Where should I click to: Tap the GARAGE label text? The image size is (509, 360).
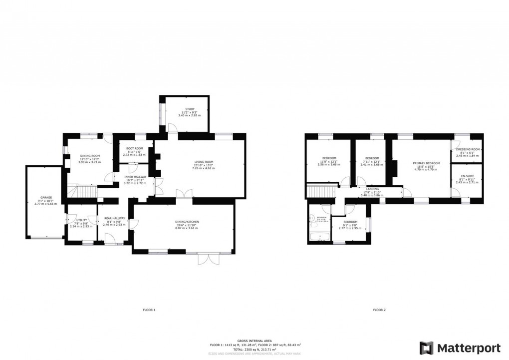click(x=46, y=197)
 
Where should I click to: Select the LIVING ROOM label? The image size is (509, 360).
click(x=204, y=162)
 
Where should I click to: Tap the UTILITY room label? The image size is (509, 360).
click(x=81, y=220)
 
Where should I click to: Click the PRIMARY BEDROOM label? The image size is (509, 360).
click(x=426, y=163)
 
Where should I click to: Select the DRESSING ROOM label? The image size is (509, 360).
click(x=468, y=149)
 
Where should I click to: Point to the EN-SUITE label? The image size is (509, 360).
click(x=468, y=176)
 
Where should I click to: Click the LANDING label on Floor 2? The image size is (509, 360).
click(x=372, y=189)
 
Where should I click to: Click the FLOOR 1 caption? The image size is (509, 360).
click(x=149, y=310)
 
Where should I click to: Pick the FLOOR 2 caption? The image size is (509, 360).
click(x=379, y=310)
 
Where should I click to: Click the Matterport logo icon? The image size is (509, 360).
click(x=426, y=348)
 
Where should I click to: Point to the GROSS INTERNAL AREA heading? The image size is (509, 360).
click(x=255, y=340)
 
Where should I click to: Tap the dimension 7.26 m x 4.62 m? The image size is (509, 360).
click(x=204, y=169)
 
